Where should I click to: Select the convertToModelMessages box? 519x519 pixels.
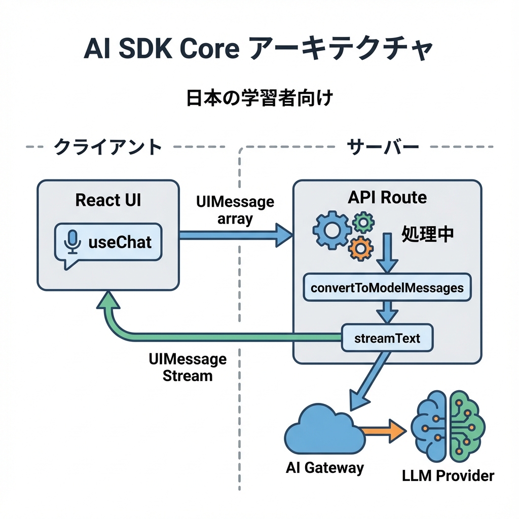point(387,288)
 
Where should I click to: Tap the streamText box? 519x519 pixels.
point(387,338)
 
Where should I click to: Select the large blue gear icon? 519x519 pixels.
point(332,229)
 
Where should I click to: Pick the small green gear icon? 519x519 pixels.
point(363,221)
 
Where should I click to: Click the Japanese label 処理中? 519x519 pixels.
point(427,234)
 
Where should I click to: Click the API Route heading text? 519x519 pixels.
point(387,197)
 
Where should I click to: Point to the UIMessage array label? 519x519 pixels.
point(235,210)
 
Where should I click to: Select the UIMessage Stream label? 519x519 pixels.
point(188,367)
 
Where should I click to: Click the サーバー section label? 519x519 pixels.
point(383,147)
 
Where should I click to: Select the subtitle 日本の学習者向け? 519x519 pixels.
point(259,97)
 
